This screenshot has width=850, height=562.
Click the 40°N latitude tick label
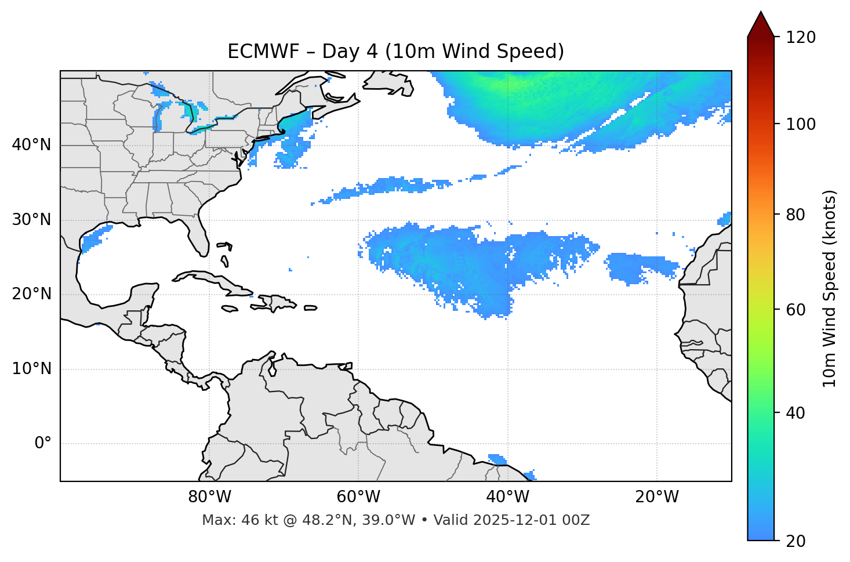tap(31, 145)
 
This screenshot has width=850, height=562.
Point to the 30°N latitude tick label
tap(31, 220)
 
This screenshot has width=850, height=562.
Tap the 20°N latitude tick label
tap(31, 294)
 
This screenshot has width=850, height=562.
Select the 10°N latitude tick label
tap(31, 369)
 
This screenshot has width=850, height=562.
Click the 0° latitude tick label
tap(43, 444)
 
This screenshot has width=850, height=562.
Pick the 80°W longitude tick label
tap(209, 497)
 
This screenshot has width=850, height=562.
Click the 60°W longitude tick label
tap(358, 497)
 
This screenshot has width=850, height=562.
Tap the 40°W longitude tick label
tap(507, 497)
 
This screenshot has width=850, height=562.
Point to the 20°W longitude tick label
tap(656, 497)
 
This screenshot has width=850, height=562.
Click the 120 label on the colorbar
tap(800, 38)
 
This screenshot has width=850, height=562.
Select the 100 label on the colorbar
tap(800, 124)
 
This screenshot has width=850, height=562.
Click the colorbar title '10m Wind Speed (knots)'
tap(830, 288)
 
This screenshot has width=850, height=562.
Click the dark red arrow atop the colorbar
tap(761, 24)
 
